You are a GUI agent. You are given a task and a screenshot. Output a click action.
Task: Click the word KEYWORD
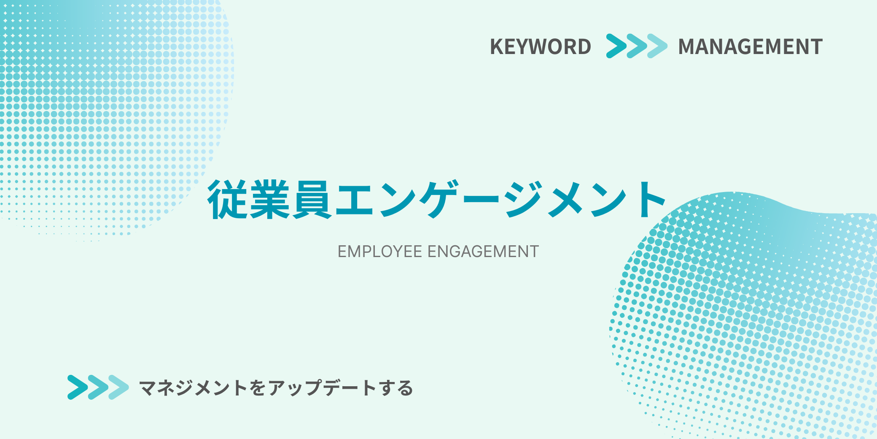[541, 46]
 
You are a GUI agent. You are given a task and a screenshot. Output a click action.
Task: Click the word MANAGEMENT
[751, 46]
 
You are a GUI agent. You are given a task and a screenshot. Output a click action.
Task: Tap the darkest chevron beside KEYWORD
[616, 46]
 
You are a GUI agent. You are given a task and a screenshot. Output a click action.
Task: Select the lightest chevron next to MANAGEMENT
[657, 46]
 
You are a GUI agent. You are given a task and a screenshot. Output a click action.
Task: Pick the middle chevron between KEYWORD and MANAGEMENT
[637, 46]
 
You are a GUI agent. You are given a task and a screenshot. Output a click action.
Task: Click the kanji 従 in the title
[228, 199]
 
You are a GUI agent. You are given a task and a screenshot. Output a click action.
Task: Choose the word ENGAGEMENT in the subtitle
[483, 252]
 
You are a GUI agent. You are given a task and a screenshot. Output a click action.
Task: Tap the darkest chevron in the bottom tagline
[78, 387]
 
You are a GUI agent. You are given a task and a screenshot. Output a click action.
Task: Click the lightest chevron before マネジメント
[118, 387]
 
